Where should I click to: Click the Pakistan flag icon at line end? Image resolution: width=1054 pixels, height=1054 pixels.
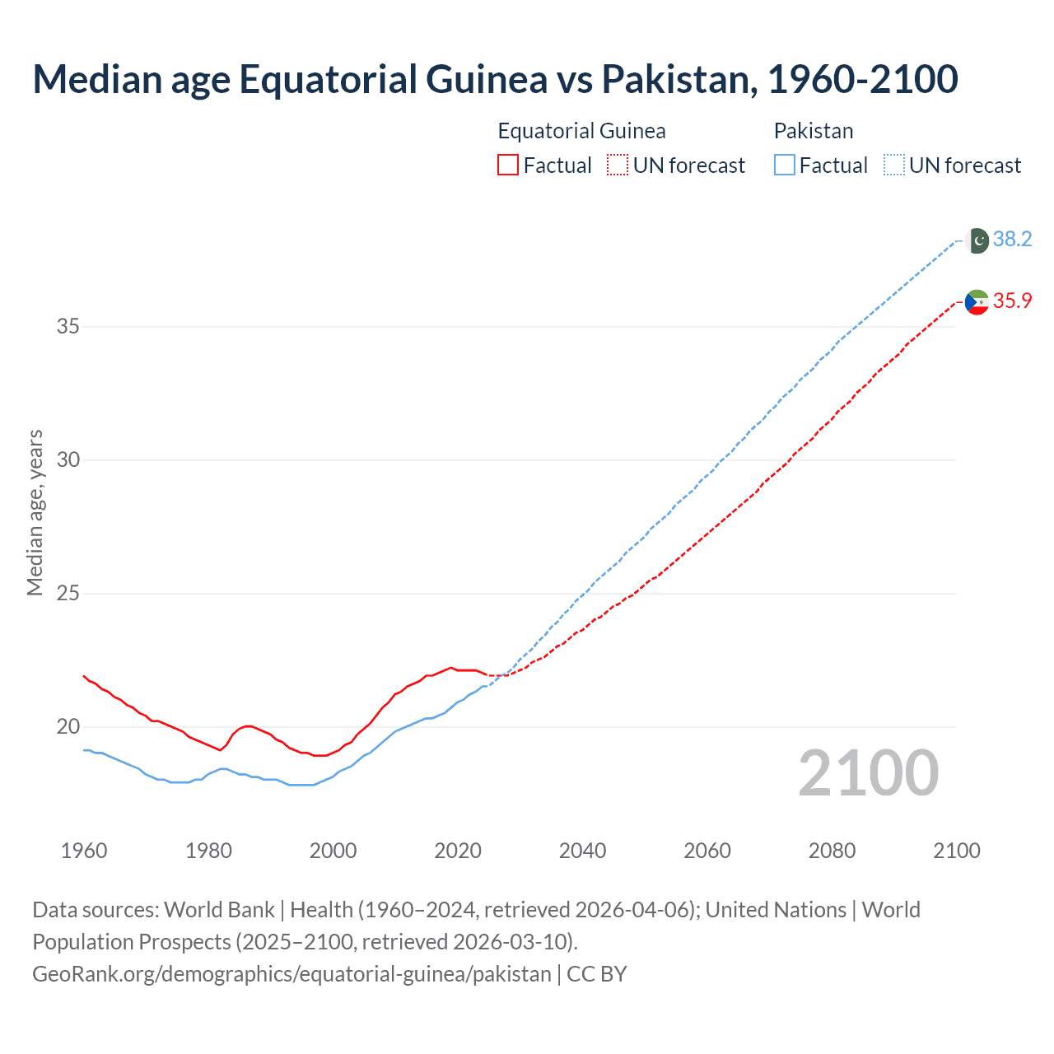click(977, 240)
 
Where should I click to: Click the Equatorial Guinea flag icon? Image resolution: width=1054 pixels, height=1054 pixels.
click(977, 302)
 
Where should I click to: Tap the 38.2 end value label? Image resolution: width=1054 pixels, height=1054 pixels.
click(1012, 240)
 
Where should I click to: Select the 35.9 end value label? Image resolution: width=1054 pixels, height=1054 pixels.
click(1012, 301)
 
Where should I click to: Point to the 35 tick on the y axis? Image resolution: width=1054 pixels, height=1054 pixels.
click(68, 327)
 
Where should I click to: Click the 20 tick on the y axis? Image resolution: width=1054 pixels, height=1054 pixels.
click(68, 727)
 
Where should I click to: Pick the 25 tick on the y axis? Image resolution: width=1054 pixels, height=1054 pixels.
click(68, 594)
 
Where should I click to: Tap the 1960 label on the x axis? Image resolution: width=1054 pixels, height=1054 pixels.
click(84, 851)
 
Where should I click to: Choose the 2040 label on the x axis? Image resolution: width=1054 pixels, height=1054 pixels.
click(582, 851)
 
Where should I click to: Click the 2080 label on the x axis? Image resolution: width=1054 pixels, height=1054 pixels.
click(832, 851)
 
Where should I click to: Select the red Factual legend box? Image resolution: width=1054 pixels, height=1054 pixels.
click(508, 166)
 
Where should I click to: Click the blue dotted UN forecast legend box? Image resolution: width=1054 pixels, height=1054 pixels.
click(894, 166)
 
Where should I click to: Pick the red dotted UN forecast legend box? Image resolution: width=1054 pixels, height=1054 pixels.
click(618, 166)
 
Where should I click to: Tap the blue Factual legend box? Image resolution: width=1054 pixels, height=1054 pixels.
click(785, 166)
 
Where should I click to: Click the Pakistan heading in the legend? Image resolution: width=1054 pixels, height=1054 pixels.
click(814, 131)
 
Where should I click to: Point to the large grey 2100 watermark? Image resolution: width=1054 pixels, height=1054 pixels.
click(868, 773)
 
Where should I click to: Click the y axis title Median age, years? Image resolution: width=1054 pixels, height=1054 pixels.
click(35, 512)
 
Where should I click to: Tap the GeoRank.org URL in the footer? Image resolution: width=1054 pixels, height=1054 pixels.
click(291, 974)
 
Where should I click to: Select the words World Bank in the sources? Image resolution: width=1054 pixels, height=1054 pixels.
click(219, 910)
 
